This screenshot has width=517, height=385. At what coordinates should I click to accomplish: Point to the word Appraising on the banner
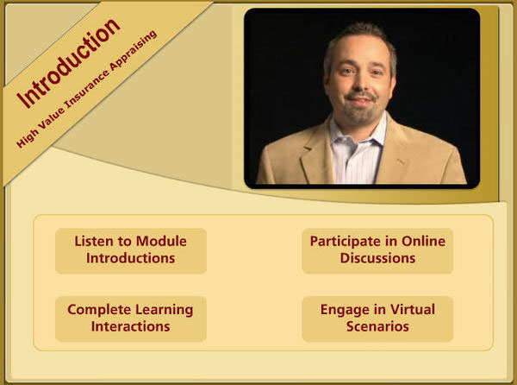tap(134, 50)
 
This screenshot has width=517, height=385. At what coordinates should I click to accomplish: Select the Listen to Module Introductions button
tap(131, 251)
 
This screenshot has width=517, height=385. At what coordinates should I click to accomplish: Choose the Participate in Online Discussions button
tap(377, 251)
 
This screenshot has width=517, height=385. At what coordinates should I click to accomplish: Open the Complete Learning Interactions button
tap(131, 319)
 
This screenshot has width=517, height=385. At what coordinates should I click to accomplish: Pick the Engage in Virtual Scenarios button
tap(377, 319)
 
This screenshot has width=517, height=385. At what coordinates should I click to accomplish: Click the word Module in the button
tap(161, 241)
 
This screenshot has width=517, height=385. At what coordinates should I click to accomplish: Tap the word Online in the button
tap(423, 241)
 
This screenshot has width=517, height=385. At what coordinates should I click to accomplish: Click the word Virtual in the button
tap(413, 309)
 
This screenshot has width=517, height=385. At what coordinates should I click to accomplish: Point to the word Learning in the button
tap(165, 310)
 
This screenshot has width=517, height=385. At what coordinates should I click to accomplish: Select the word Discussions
tap(377, 258)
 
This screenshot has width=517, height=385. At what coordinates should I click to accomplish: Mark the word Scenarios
tap(377, 326)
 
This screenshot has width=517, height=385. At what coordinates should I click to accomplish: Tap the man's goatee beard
tap(361, 110)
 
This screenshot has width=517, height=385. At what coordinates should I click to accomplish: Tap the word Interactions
tap(131, 326)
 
